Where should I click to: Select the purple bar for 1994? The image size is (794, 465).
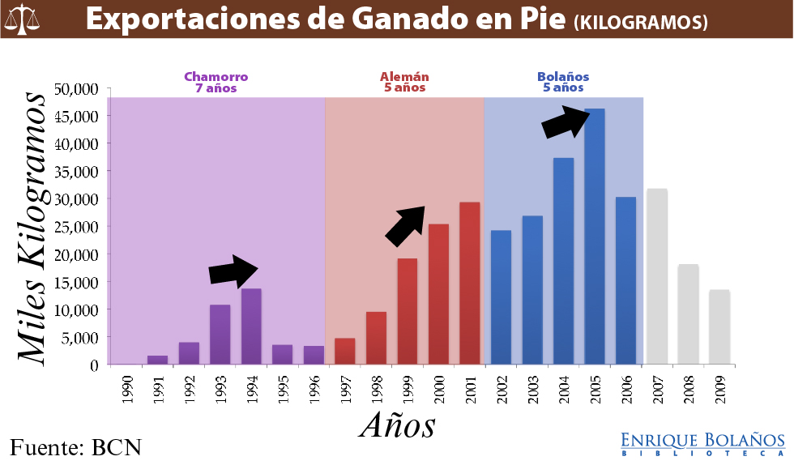pyautogui.click(x=251, y=326)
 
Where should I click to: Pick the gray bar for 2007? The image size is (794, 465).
pyautogui.click(x=657, y=276)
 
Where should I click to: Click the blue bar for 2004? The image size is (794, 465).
pyautogui.click(x=563, y=261)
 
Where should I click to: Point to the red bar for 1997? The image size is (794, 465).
pyautogui.click(x=344, y=352)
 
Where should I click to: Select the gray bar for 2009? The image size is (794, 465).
pyautogui.click(x=719, y=327)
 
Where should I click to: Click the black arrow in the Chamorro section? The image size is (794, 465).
pyautogui.click(x=233, y=271)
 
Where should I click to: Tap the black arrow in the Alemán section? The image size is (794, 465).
pyautogui.click(x=405, y=225)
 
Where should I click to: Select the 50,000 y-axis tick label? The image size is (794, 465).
pyautogui.click(x=76, y=88)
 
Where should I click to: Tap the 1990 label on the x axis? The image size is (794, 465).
pyautogui.click(x=125, y=388)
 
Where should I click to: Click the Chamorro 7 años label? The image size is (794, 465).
pyautogui.click(x=216, y=83)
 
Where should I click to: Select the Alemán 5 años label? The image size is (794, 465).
pyautogui.click(x=404, y=83)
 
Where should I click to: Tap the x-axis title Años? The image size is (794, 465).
pyautogui.click(x=398, y=424)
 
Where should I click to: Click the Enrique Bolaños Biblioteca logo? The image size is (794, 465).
pyautogui.click(x=702, y=443)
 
